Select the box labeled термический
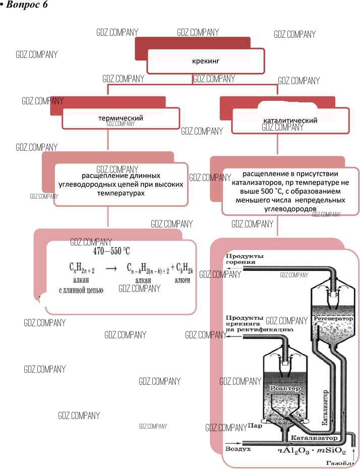[121, 119]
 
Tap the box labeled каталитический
[290, 121]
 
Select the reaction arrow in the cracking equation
[111, 269]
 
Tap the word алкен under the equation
[182, 280]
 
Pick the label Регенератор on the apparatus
[333, 319]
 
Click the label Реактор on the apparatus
[285, 388]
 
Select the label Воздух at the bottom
[237, 448]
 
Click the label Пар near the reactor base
[255, 426]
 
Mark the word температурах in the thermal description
[121, 193]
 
